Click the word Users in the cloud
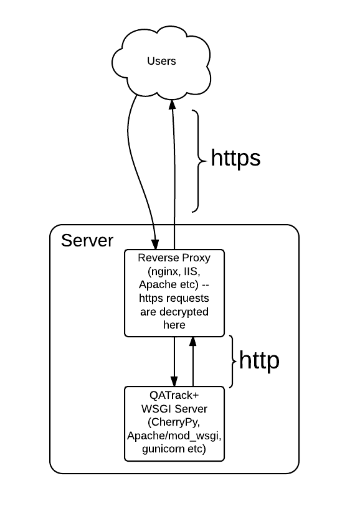[161, 61]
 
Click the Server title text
[87, 241]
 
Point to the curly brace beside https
[197, 161]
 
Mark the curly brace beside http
[232, 362]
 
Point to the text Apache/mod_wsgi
[174, 435]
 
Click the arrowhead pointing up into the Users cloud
[173, 103]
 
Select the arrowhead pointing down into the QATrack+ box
[174, 381]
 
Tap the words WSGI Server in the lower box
[174, 409]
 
